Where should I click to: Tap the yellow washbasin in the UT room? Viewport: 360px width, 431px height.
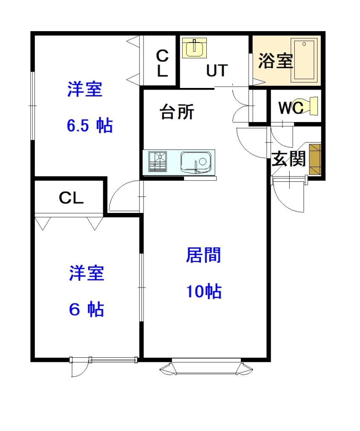pos(195,48)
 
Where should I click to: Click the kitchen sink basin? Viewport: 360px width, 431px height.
pos(196,162)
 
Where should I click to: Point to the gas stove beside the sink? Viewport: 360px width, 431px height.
pos(158,162)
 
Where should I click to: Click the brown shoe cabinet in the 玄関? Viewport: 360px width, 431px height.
pos(315,159)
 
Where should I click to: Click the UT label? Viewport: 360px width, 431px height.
pos(217,70)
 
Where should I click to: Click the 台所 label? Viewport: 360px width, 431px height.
pos(176,112)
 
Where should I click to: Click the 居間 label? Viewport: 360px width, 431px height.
pos(204,255)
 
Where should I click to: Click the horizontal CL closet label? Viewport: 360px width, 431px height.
pos(71,197)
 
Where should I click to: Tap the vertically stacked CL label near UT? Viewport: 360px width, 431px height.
pos(163,63)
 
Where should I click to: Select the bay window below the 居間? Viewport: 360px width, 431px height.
pos(207,368)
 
